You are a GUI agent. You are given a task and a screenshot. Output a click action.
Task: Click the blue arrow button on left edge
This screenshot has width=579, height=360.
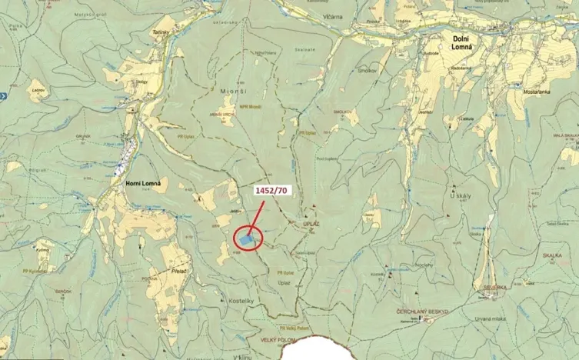click(x=3, y=96)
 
